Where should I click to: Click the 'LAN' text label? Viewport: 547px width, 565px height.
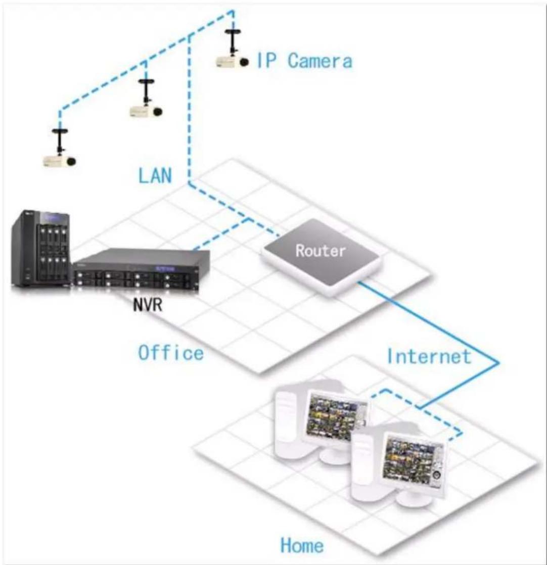(155, 175)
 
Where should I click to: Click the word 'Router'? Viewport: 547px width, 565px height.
(321, 250)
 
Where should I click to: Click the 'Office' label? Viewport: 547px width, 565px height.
(171, 352)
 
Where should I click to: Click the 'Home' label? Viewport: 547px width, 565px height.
(302, 545)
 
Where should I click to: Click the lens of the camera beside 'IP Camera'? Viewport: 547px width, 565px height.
(245, 62)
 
